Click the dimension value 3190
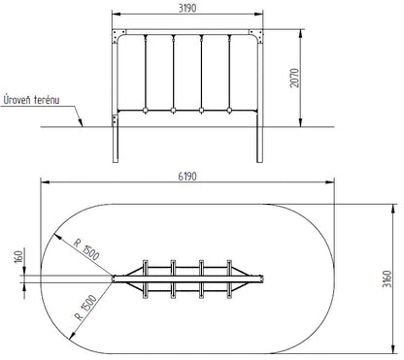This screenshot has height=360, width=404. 187,8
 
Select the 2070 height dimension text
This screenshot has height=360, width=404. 295,78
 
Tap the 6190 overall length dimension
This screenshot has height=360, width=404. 187,177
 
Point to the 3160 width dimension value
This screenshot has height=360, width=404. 387,279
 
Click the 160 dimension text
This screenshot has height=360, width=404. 19,257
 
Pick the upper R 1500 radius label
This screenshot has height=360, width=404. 86,249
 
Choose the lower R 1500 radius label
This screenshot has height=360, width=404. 85,308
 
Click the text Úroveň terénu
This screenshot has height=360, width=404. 31,100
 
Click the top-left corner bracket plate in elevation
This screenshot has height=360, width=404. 118,36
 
